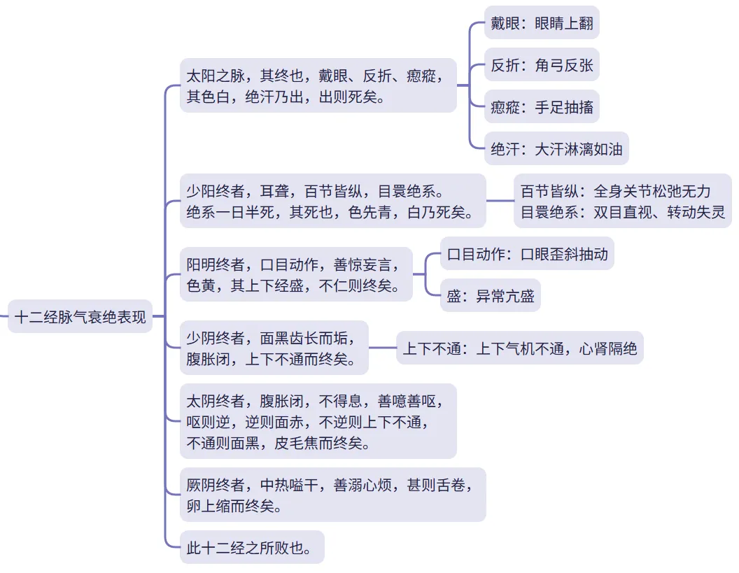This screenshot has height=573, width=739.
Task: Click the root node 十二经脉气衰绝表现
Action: point(80,317)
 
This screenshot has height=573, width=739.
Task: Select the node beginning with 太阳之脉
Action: point(318,85)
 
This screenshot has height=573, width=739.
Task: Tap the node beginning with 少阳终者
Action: point(332,201)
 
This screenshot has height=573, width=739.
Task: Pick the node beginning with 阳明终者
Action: point(295,274)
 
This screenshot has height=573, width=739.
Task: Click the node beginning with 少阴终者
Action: point(274,348)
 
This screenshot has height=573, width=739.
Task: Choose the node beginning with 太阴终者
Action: point(318,421)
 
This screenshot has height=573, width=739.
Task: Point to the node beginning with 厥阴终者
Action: point(332,495)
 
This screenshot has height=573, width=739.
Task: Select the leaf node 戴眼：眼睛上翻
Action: point(542,24)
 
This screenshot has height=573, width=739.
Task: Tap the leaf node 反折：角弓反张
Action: point(542,66)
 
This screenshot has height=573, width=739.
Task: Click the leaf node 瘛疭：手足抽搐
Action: point(542,108)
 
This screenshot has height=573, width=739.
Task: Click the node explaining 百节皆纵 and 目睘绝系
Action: point(622,201)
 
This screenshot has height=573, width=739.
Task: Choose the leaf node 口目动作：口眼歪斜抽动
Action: point(527,253)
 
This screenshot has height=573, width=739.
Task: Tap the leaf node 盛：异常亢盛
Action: point(491,297)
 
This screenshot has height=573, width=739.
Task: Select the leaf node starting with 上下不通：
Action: point(520,348)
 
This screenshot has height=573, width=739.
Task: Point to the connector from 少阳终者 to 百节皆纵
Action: point(500,201)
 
